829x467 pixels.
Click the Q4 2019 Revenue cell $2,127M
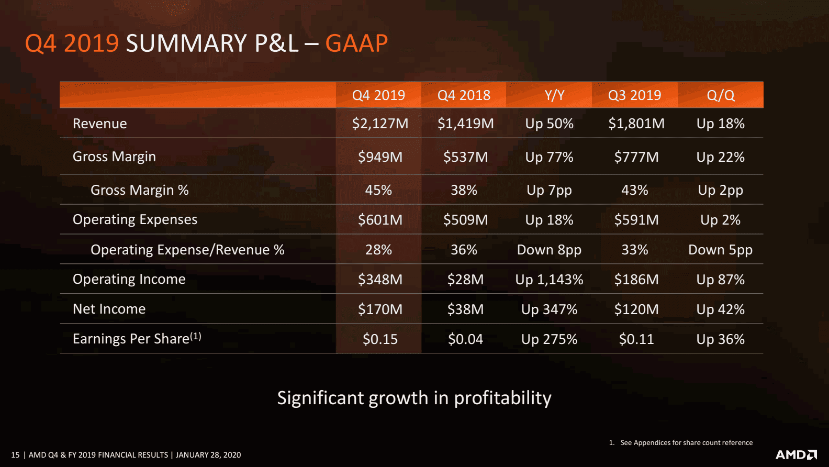(x=380, y=124)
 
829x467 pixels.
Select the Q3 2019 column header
(x=634, y=95)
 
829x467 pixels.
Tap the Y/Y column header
(x=554, y=95)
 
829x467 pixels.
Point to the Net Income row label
(x=109, y=309)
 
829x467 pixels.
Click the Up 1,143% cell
(x=549, y=280)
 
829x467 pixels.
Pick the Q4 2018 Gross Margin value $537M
(x=465, y=157)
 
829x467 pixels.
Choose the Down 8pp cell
(x=549, y=250)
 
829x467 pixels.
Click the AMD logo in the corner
(x=796, y=454)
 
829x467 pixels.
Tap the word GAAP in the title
(x=356, y=43)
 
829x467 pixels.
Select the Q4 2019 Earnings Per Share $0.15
(x=380, y=339)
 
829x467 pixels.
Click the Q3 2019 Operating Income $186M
(x=636, y=280)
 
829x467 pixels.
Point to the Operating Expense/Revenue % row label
(x=187, y=250)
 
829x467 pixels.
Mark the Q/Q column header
(x=720, y=95)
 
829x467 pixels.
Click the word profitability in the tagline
(x=502, y=398)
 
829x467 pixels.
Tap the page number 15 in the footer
(x=15, y=455)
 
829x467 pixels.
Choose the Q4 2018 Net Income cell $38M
(x=465, y=309)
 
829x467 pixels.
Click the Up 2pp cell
(x=720, y=190)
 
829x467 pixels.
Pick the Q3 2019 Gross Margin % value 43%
(x=634, y=190)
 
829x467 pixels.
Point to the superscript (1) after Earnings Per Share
(x=196, y=336)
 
